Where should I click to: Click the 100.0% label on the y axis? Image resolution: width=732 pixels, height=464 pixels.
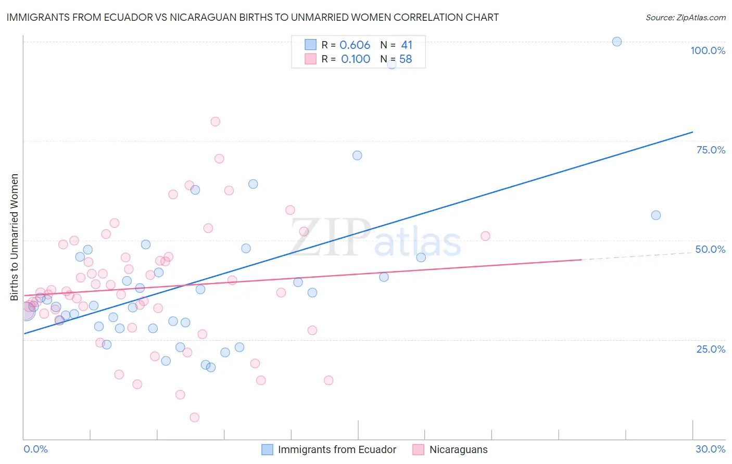tap(708, 50)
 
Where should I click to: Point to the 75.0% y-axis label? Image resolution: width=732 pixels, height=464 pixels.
tap(711, 150)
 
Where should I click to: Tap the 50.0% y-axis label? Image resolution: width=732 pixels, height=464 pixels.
tap(710, 249)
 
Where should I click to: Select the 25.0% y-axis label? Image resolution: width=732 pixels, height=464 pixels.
tap(711, 349)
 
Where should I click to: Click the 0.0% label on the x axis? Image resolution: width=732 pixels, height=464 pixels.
tap(35, 449)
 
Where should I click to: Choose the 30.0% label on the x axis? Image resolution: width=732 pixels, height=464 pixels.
tap(710, 449)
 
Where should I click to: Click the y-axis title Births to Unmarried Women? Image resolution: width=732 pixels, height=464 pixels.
tap(15, 237)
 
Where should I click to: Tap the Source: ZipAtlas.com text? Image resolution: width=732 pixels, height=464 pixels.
tap(685, 18)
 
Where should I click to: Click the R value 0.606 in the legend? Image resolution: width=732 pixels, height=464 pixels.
tap(355, 45)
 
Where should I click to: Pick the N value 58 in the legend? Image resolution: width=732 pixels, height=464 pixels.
tap(406, 59)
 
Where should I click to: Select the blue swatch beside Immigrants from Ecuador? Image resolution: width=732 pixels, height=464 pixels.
tap(267, 449)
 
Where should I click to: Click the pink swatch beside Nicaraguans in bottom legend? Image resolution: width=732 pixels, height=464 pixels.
tap(418, 449)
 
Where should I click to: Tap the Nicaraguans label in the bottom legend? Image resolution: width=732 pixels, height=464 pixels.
tap(458, 449)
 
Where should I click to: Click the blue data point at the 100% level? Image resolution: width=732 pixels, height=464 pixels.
tap(617, 42)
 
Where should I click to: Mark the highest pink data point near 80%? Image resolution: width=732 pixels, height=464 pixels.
tap(216, 122)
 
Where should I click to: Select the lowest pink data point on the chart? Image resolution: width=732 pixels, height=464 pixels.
tap(195, 417)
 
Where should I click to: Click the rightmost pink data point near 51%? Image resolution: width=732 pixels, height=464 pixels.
tap(485, 236)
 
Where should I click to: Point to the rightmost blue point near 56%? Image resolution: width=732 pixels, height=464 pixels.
tap(656, 215)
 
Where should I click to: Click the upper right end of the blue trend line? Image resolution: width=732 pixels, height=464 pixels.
tap(692, 132)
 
